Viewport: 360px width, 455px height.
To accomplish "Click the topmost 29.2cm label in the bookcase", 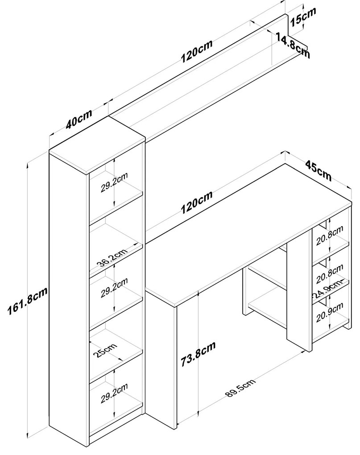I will (115, 181).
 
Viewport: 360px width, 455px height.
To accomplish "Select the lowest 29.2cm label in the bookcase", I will (115, 390).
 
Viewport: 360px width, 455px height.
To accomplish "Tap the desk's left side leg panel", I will (161, 357).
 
